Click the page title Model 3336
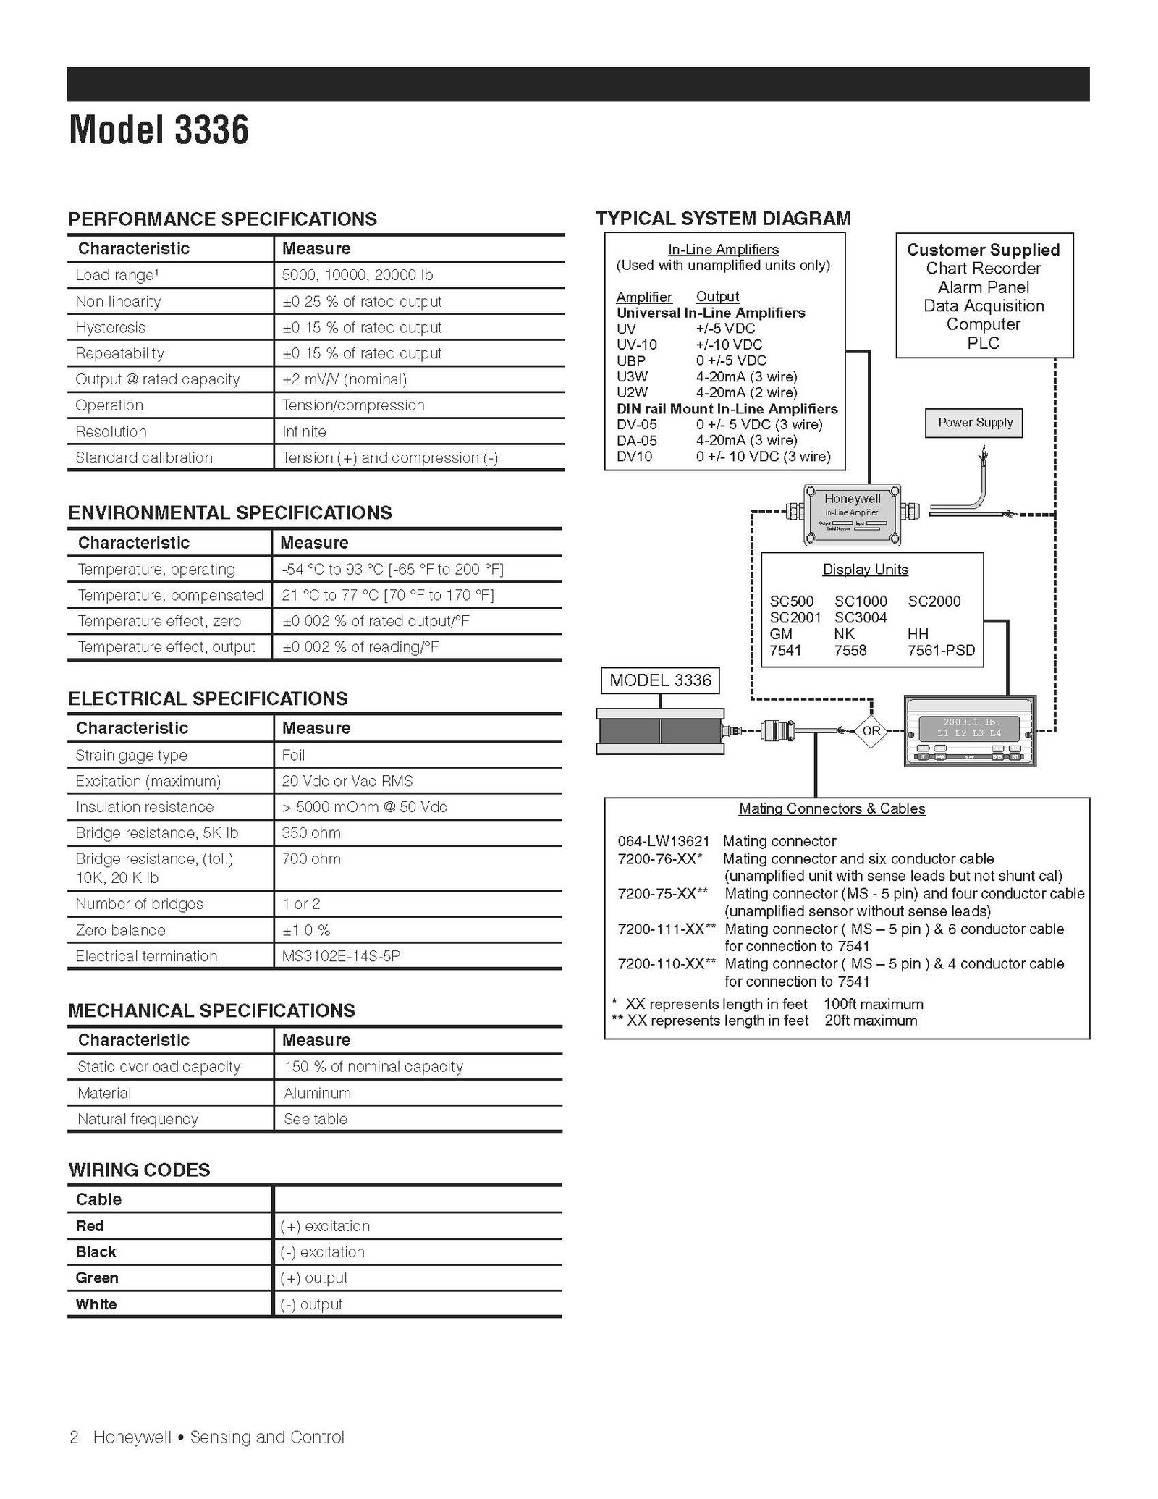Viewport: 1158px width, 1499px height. tap(159, 130)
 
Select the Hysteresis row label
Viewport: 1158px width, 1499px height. tap(110, 327)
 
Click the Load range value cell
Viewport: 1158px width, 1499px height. tap(357, 275)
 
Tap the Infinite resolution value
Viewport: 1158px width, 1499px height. tap(304, 431)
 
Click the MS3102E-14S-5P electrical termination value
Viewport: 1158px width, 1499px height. tap(341, 956)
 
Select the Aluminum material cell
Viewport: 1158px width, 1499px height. tap(317, 1093)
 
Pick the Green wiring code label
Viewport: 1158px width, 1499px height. tap(97, 1278)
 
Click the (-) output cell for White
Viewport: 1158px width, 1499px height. tap(311, 1304)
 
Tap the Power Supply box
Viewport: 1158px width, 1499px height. tap(974, 423)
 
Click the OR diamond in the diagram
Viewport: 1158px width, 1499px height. tap(871, 730)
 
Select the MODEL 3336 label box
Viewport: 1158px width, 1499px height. tap(660, 680)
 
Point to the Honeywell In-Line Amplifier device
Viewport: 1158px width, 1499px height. tap(852, 513)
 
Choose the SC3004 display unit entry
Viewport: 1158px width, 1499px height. tap(860, 617)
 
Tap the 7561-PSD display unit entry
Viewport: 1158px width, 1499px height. tap(941, 650)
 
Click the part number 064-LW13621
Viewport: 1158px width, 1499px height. tap(663, 841)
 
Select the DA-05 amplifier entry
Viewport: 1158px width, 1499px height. tap(636, 440)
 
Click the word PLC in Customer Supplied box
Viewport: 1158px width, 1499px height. tap(983, 343)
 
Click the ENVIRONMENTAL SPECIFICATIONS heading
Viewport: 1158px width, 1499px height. tap(229, 512)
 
